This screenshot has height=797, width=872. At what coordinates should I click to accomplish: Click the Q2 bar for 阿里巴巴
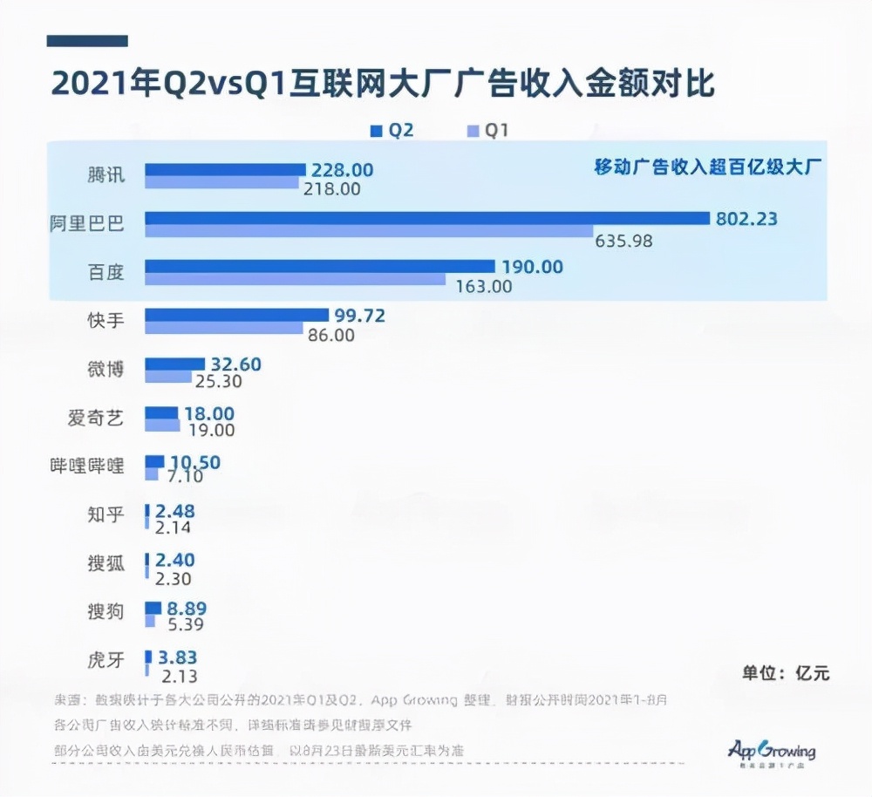427,218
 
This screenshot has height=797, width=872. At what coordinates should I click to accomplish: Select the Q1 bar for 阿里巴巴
368,231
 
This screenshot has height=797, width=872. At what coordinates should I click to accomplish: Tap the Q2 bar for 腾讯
225,169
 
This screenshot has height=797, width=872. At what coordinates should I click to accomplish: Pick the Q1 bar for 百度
295,279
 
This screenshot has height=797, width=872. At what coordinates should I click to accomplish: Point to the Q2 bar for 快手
235,315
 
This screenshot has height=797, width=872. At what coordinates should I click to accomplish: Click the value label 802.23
746,219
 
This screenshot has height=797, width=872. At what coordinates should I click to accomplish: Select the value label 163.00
484,285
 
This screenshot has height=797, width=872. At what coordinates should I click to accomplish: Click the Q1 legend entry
488,131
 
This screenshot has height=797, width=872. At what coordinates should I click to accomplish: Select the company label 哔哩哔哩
86,466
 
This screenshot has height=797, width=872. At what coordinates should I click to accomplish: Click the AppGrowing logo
771,752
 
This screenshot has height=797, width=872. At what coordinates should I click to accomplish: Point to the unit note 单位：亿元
785,672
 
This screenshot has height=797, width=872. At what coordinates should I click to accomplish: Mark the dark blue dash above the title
87,40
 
